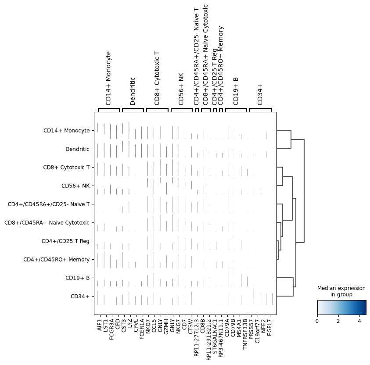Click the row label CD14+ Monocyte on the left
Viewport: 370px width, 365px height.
click(67, 131)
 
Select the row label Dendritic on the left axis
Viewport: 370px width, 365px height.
click(77, 149)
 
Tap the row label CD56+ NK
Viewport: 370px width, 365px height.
click(75, 186)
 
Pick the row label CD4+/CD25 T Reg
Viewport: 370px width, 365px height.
click(65, 241)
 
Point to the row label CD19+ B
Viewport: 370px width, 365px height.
click(77, 278)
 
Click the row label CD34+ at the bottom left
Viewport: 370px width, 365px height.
click(80, 297)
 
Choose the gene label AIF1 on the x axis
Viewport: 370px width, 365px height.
click(100, 325)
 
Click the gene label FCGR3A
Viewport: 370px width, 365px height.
click(112, 329)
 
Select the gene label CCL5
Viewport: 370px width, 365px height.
click(154, 326)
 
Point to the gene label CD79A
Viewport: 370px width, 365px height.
click(227, 327)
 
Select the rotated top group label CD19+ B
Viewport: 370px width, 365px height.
click(236, 91)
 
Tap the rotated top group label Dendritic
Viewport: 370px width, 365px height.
click(133, 91)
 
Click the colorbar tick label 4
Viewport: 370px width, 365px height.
click(359, 321)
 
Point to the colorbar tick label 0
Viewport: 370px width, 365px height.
click(317, 321)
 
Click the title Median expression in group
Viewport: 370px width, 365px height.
click(341, 291)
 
